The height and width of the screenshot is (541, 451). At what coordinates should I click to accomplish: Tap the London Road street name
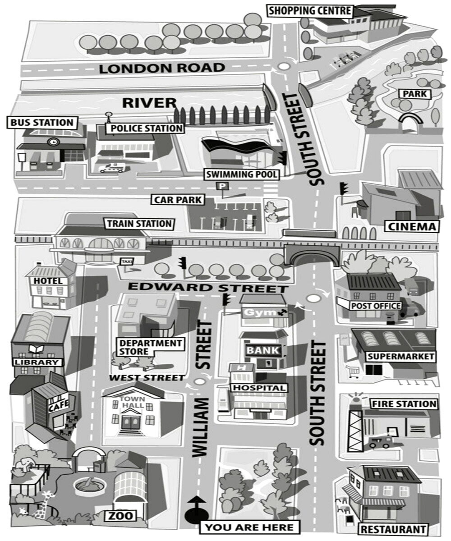tap(162, 69)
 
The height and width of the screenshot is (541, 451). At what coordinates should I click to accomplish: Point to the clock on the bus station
tap(53, 142)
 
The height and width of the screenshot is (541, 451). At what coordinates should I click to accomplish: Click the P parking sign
tap(221, 186)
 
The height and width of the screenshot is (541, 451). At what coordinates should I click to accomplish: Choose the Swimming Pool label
tap(242, 174)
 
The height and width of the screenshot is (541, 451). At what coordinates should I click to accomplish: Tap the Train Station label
tap(139, 224)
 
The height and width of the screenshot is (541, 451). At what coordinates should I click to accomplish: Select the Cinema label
tap(411, 226)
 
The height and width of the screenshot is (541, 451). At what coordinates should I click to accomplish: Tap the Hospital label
tap(259, 388)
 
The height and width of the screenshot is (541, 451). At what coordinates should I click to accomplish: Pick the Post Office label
tap(376, 306)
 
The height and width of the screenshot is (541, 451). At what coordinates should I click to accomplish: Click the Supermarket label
tap(401, 357)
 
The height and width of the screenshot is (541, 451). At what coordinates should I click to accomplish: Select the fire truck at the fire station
tap(380, 442)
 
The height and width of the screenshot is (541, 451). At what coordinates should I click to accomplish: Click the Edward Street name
tap(207, 288)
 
